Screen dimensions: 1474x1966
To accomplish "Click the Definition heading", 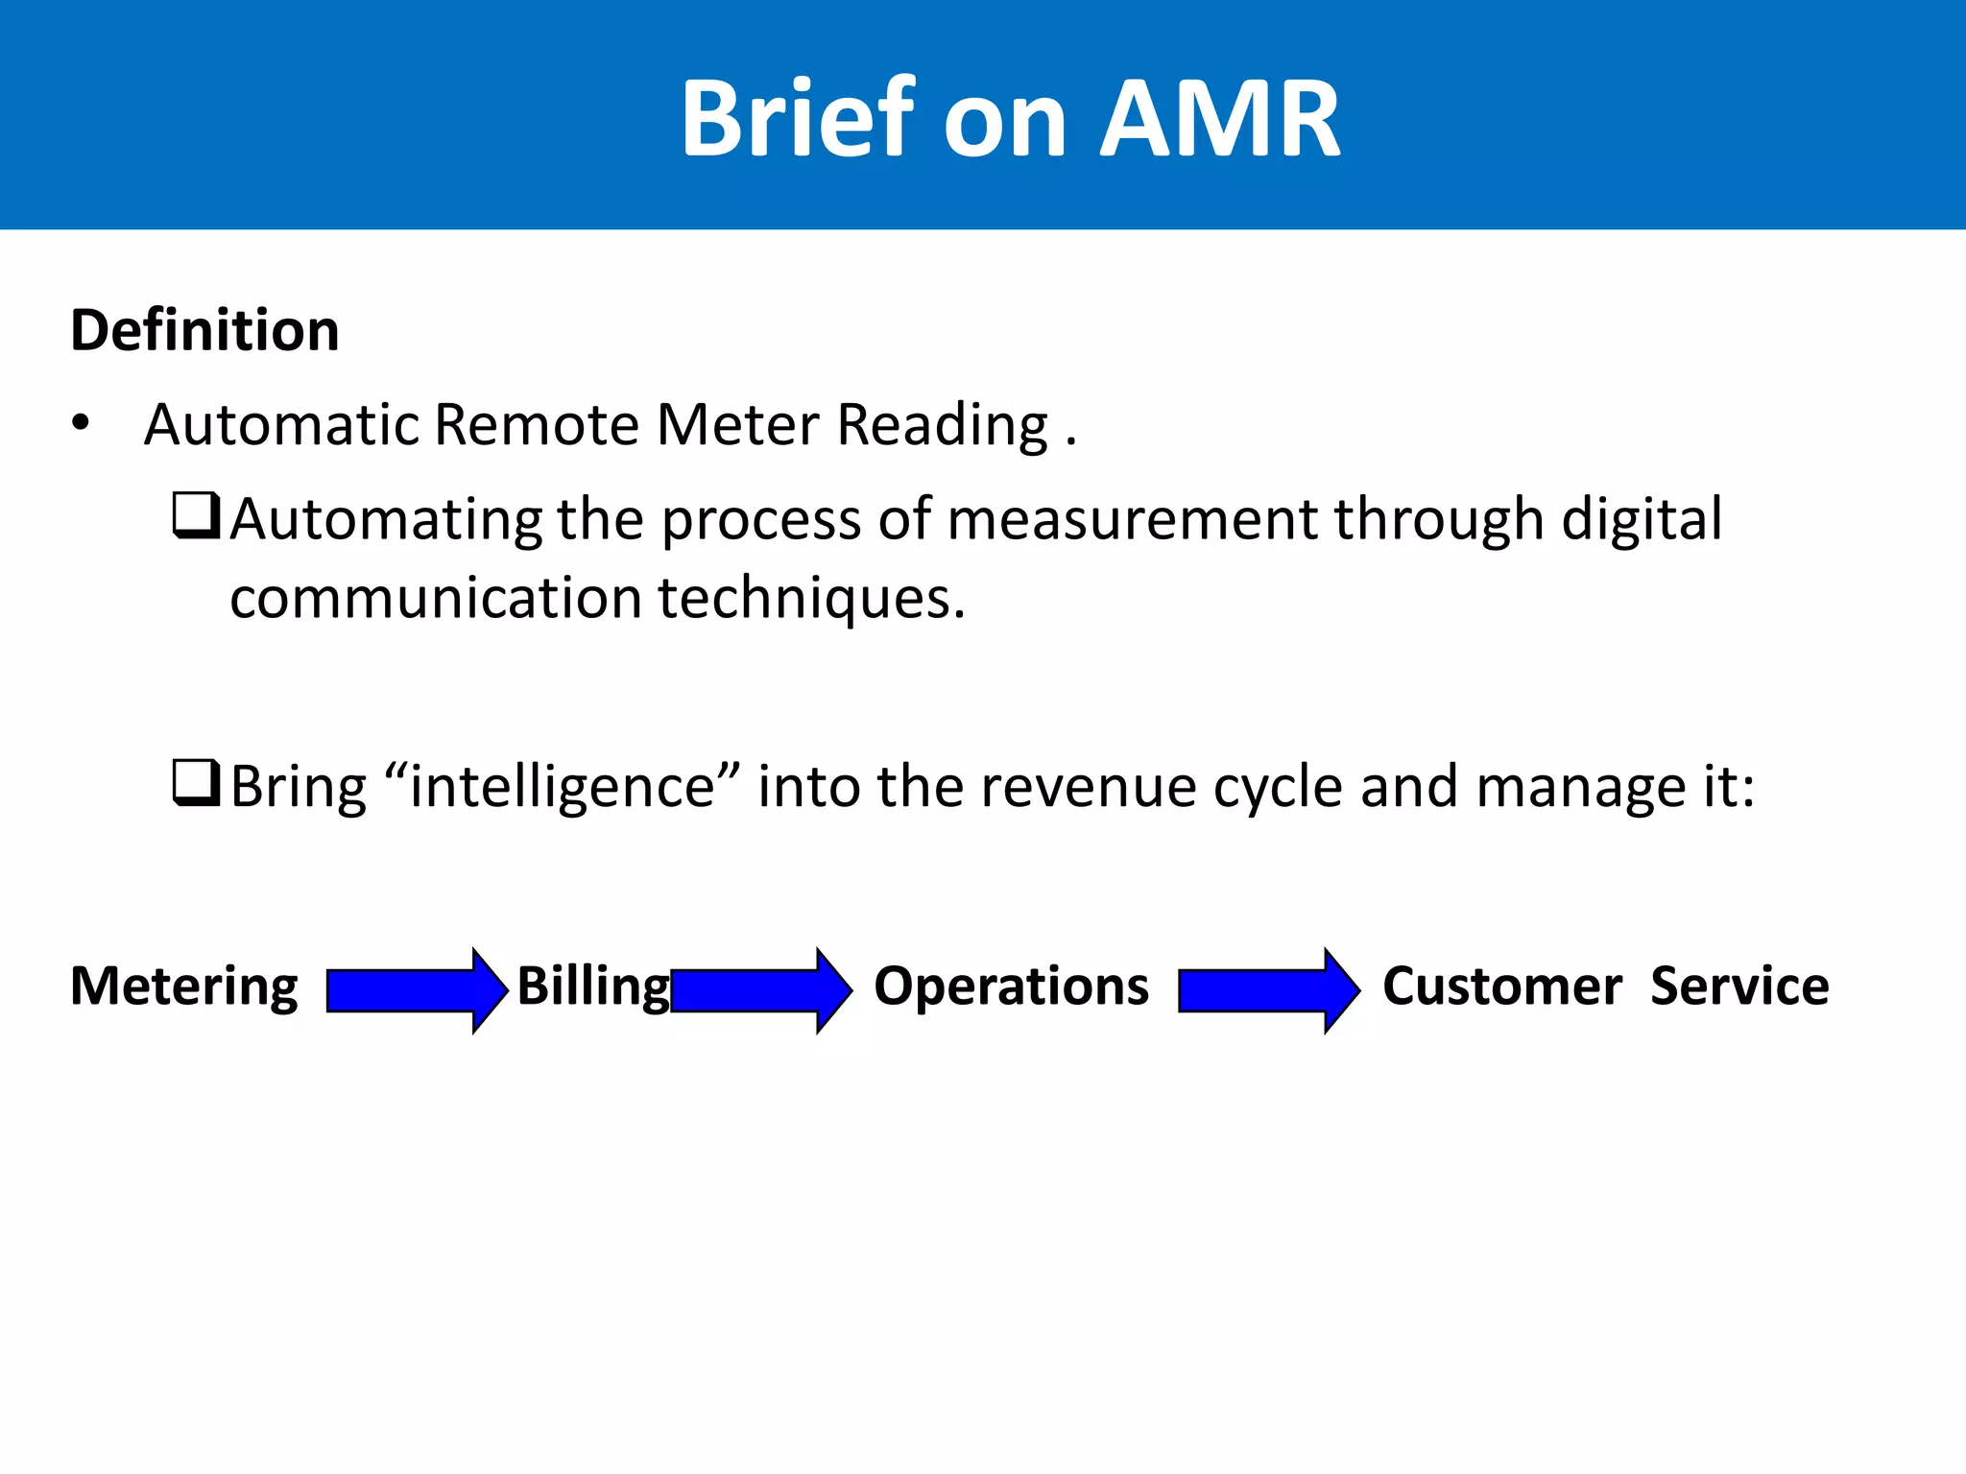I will pos(204,331).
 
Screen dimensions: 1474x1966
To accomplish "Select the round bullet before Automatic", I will pos(81,423).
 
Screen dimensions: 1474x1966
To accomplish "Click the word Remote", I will pos(537,424).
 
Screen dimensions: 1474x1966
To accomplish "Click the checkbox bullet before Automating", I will pos(197,515).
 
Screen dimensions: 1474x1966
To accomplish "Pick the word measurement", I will pos(1133,519).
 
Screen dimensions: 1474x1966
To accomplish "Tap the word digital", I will pos(1642,519).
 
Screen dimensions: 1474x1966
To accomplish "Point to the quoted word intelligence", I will pos(563,787).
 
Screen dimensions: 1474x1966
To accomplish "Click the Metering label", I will pos(184,987).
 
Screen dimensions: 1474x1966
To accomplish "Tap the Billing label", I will pos(592,987).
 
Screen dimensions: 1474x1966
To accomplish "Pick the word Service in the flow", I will pos(1739,987).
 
